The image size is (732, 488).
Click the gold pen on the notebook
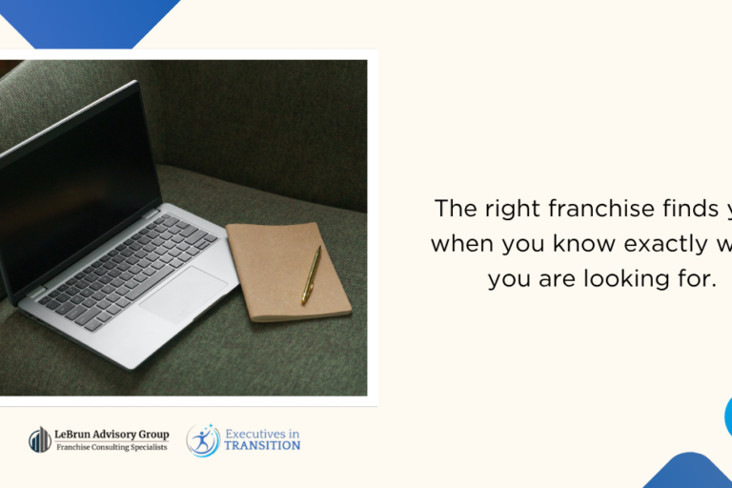(311, 274)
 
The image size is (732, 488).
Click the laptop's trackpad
(185, 295)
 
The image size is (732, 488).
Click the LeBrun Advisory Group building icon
(40, 439)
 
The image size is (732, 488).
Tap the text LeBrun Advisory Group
(112, 435)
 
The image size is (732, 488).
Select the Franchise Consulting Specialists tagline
(112, 447)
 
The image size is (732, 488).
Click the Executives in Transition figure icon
(203, 439)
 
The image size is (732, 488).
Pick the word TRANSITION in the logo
(262, 445)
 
